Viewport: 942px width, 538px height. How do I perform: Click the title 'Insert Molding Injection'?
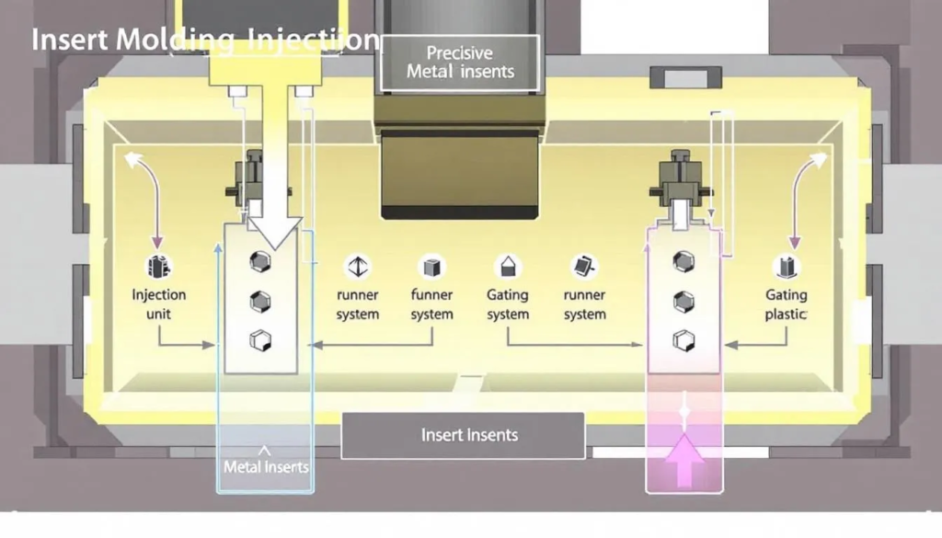(204, 40)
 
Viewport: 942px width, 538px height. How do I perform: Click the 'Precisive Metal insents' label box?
(459, 63)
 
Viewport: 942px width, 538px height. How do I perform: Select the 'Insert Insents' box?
(463, 435)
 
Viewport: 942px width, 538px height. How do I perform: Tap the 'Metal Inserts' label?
(265, 466)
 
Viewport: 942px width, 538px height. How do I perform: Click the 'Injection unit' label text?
(158, 304)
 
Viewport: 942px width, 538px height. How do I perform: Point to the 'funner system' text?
(431, 304)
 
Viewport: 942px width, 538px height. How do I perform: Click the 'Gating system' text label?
(507, 304)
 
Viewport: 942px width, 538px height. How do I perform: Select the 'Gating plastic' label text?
(786, 304)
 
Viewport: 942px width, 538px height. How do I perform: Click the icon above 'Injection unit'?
(158, 267)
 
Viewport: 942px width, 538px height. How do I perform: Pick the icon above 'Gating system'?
(507, 267)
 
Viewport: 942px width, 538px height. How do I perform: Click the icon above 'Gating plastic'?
(787, 267)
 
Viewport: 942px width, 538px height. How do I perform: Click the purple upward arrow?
(684, 459)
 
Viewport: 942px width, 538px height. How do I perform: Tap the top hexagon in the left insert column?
(260, 262)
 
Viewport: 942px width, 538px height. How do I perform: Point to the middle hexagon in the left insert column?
(260, 301)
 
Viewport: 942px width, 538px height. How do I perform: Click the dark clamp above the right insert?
(682, 182)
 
